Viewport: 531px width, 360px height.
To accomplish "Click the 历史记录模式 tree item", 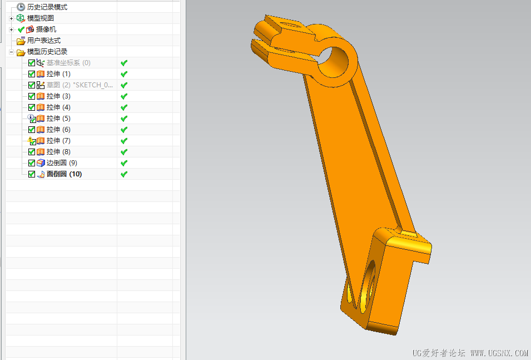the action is (47, 7).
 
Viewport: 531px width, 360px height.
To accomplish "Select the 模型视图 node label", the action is (40, 18).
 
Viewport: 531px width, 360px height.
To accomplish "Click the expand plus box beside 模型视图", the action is (11, 19).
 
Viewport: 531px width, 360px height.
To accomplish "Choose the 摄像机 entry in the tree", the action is (46, 29).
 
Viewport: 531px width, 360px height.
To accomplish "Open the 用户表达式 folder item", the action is (44, 41).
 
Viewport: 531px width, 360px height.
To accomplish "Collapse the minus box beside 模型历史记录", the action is (11, 52).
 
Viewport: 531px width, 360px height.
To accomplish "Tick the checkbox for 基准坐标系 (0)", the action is (32, 63).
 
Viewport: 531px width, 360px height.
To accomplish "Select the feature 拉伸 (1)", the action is (58, 74).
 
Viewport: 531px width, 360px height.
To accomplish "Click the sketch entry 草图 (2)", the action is (80, 85).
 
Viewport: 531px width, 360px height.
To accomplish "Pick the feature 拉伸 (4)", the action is (58, 107).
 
